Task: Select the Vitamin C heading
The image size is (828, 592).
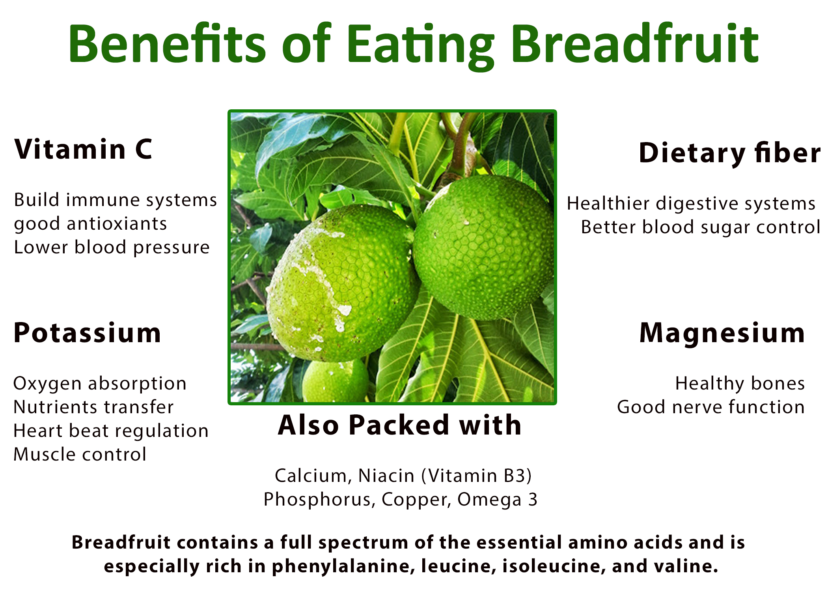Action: tap(83, 149)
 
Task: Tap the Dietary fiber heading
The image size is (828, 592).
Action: tap(729, 153)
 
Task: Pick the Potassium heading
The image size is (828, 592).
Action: tap(87, 333)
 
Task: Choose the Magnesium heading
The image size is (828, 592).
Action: tap(722, 333)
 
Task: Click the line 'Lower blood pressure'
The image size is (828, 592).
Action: tap(112, 247)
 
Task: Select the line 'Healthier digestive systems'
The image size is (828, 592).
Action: tap(691, 204)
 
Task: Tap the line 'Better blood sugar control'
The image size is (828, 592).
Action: tap(700, 227)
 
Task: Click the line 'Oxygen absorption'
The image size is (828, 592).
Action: tap(100, 384)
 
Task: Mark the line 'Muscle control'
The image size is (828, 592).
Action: tap(80, 454)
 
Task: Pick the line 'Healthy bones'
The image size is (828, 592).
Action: tap(740, 384)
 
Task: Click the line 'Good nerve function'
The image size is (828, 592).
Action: tap(711, 407)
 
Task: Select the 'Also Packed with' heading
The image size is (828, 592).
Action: tap(400, 425)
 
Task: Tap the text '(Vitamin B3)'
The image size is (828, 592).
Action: tap(477, 476)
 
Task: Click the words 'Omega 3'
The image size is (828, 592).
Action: tap(497, 500)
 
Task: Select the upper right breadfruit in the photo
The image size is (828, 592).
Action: tap(483, 248)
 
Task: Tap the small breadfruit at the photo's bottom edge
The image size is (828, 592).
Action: tap(335, 381)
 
